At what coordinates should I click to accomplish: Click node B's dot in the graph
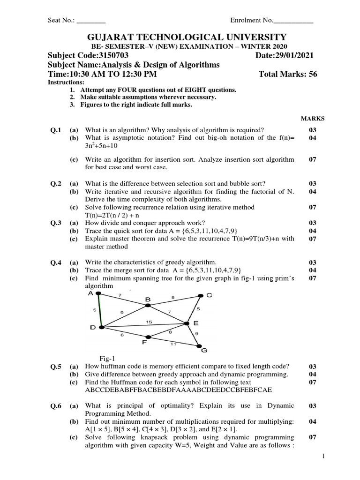click(x=148, y=305)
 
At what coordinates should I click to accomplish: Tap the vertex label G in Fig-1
click(x=203, y=350)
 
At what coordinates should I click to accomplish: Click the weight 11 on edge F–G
click(x=173, y=345)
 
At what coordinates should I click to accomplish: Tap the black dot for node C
click(x=200, y=296)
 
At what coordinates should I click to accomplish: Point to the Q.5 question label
click(x=56, y=366)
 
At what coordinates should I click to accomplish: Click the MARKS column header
click(x=312, y=119)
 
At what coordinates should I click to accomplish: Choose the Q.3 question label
click(x=56, y=223)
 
